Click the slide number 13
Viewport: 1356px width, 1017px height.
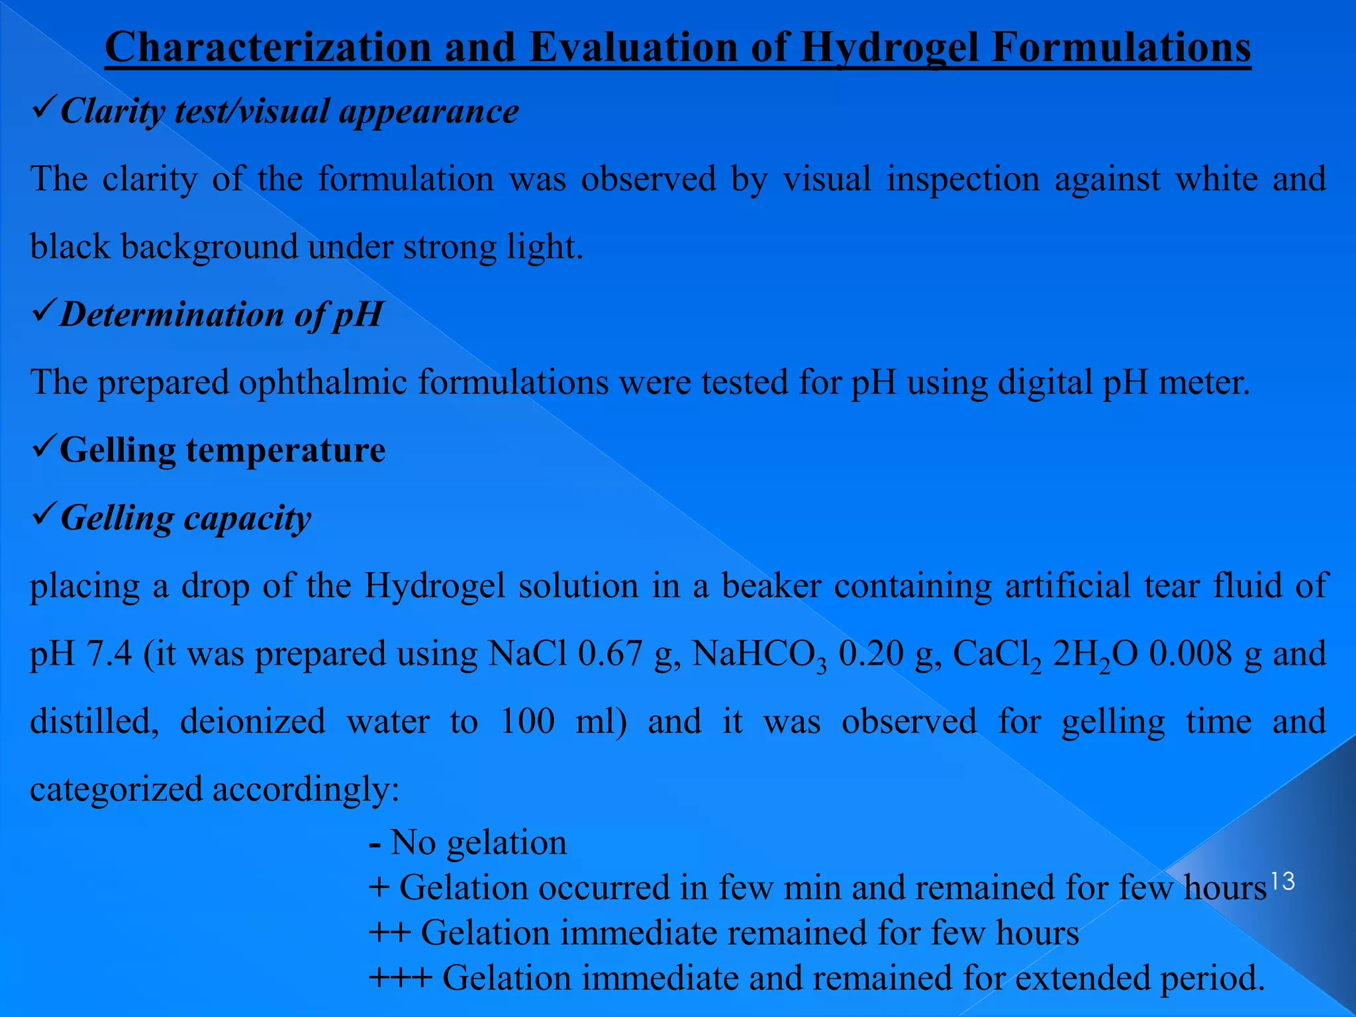(1282, 881)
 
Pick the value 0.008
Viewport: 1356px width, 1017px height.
(1190, 654)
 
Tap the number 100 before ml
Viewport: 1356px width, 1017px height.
(527, 721)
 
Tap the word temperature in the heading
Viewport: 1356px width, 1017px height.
(285, 450)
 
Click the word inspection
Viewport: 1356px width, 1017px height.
(963, 179)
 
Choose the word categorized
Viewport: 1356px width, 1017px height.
(116, 789)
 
